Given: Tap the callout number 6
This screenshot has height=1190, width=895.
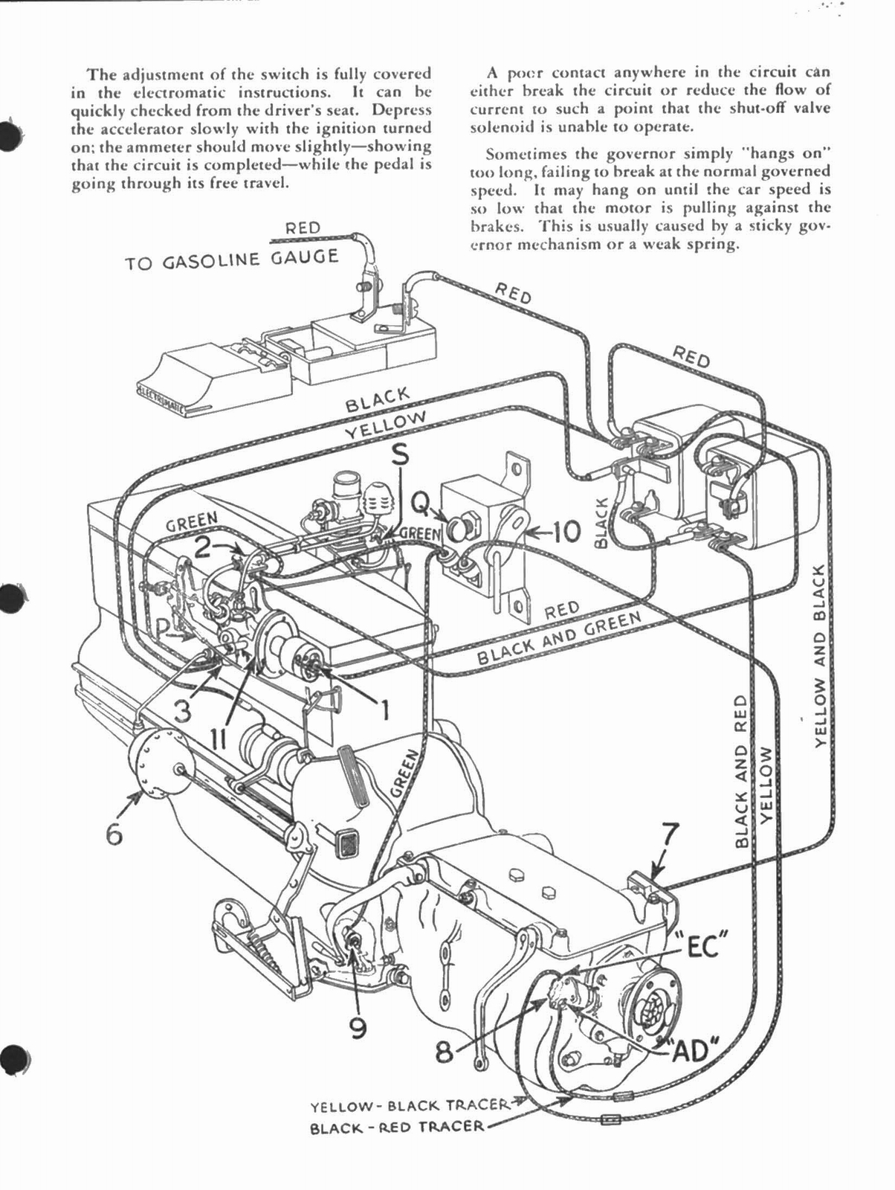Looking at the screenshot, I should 113,833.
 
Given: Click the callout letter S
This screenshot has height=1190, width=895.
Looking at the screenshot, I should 400,456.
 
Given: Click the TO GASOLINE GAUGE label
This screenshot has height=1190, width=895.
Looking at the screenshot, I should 231,260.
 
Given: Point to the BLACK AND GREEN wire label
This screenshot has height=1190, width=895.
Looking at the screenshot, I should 558,638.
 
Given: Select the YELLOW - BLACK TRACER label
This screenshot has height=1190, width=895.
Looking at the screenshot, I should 408,1106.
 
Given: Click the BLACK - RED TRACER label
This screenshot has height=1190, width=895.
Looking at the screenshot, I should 396,1127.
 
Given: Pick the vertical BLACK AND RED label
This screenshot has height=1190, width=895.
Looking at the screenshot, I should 740,771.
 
